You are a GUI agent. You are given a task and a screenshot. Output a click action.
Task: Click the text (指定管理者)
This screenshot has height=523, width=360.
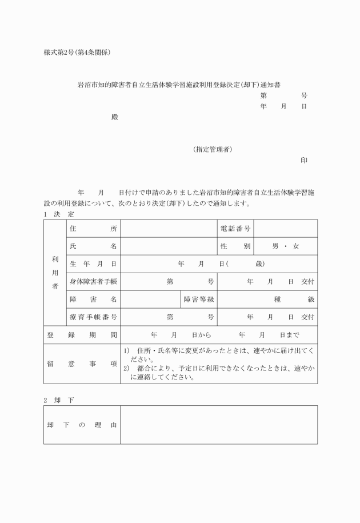coord(213,150)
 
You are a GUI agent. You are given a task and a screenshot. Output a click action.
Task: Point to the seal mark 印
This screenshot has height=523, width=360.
coord(304,161)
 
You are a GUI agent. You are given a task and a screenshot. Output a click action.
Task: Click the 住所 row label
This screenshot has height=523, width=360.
coord(93,229)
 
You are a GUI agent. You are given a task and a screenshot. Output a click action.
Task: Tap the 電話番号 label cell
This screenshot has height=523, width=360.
coord(235,229)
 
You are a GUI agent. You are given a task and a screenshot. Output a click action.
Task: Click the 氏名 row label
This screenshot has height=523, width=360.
coord(93,246)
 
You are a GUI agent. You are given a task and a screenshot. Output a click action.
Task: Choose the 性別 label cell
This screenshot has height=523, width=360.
coord(235,246)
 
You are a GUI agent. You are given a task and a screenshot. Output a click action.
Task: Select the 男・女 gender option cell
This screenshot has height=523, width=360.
coord(286,246)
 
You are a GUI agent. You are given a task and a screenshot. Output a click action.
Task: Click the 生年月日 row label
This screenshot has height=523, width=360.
coord(93,264)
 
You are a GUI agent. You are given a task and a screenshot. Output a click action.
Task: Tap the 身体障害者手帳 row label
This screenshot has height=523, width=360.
coord(93,282)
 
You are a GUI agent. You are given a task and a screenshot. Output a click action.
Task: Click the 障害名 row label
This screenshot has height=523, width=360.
coord(93,300)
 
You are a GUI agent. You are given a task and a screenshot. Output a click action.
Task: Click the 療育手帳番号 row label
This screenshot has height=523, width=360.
coord(93,317)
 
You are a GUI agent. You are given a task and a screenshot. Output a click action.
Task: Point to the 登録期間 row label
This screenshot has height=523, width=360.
coord(82,336)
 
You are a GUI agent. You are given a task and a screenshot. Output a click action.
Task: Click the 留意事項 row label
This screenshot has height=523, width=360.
coord(82,364)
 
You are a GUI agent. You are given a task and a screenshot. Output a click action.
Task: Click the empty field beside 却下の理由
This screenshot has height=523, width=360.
coord(219,425)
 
